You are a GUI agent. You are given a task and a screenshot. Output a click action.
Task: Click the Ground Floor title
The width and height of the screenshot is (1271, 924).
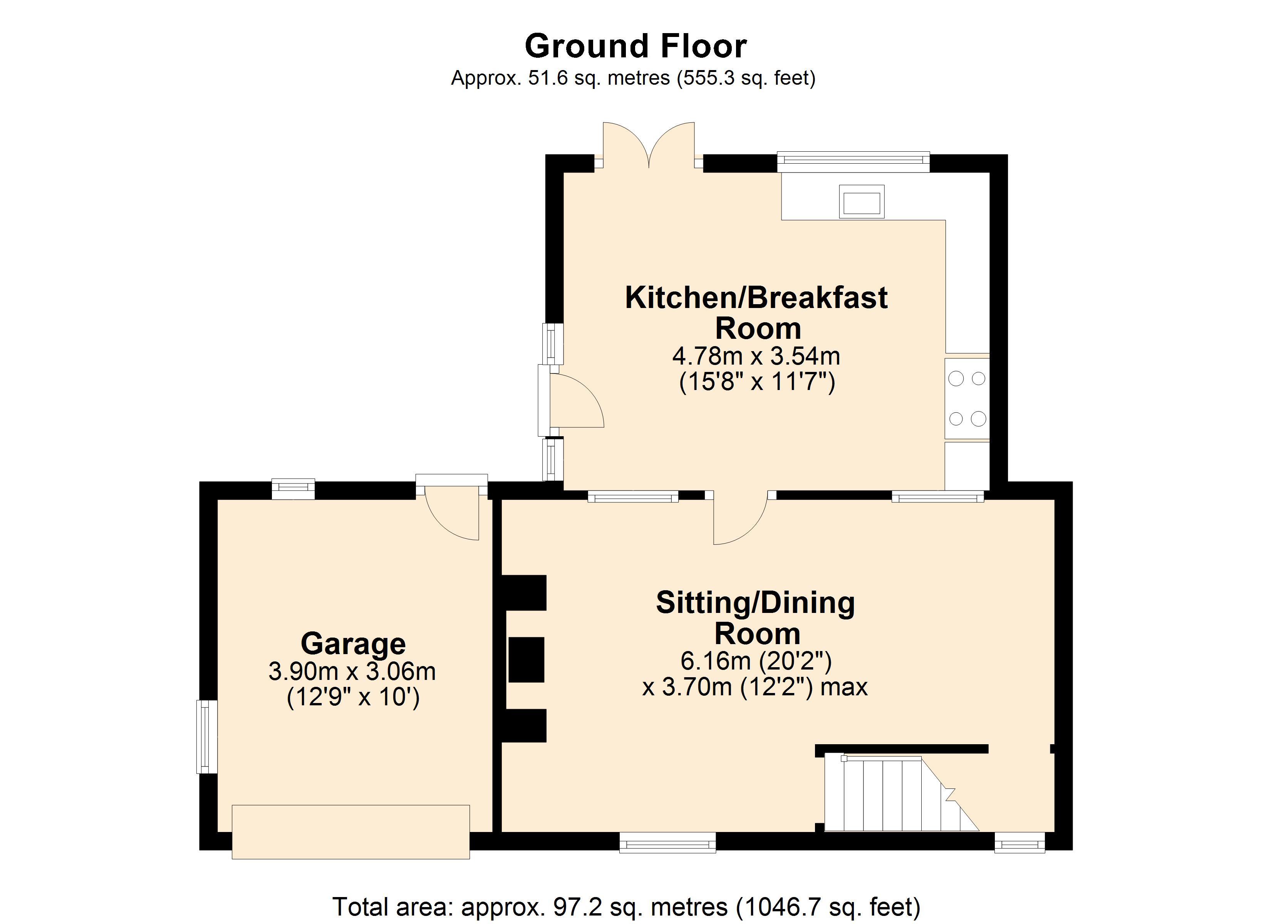635,45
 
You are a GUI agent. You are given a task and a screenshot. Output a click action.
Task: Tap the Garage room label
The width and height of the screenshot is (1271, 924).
353,644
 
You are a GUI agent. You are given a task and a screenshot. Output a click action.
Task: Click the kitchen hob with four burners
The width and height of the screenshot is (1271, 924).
967,398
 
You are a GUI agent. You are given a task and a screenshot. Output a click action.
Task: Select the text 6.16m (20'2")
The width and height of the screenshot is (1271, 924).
756,661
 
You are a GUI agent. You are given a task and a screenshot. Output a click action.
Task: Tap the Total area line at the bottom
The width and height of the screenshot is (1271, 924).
627,906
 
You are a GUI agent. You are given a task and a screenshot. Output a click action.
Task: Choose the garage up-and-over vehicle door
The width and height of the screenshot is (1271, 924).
351,832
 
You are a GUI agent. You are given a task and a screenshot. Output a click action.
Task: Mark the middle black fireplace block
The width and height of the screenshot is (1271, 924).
526,660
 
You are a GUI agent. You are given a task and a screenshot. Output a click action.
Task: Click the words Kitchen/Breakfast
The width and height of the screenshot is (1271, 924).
756,298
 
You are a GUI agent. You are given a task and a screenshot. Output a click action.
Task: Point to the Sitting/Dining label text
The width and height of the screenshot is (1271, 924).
755,603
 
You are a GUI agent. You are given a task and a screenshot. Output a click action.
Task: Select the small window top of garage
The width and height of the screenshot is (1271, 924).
293,489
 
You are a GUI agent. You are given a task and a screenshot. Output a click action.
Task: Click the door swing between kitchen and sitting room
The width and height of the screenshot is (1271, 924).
740,520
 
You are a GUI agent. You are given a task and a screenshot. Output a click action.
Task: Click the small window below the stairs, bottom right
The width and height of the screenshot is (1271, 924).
1019,842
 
